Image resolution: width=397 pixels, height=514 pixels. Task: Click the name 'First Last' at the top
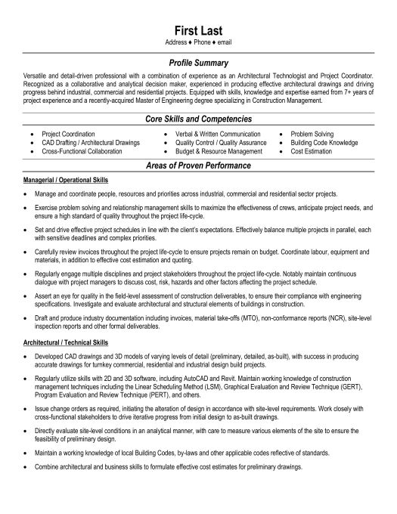coord(198,29)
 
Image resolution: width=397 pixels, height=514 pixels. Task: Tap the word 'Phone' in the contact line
coord(199,43)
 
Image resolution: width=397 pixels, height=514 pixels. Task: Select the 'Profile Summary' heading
coord(198,63)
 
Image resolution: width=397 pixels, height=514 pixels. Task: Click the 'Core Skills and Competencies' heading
coord(198,119)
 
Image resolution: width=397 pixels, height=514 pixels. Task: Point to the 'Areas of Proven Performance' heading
coord(198,165)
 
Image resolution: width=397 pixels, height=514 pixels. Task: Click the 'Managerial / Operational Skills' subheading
coord(60,181)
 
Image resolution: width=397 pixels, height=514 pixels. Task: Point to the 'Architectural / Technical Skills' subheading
coord(61,343)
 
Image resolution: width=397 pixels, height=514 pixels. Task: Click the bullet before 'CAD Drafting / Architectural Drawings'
coord(31,141)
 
